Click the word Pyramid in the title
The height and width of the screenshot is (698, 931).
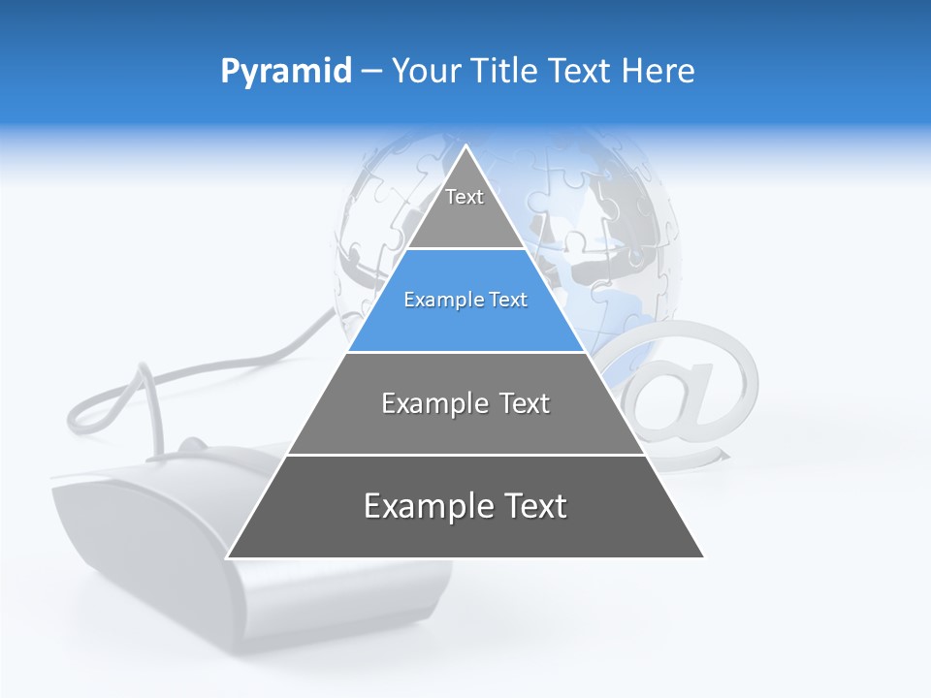click(285, 72)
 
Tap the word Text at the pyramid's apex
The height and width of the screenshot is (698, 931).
click(465, 197)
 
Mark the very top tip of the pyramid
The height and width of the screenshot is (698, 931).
click(465, 147)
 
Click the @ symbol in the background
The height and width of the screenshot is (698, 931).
click(693, 388)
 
